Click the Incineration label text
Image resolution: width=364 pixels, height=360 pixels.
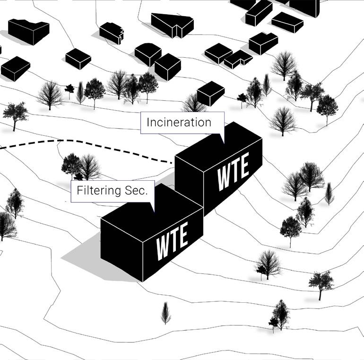click(x=179, y=122)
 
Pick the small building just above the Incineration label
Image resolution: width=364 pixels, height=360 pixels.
click(x=210, y=93)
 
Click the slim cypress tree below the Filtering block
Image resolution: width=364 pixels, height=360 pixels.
click(x=165, y=313)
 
